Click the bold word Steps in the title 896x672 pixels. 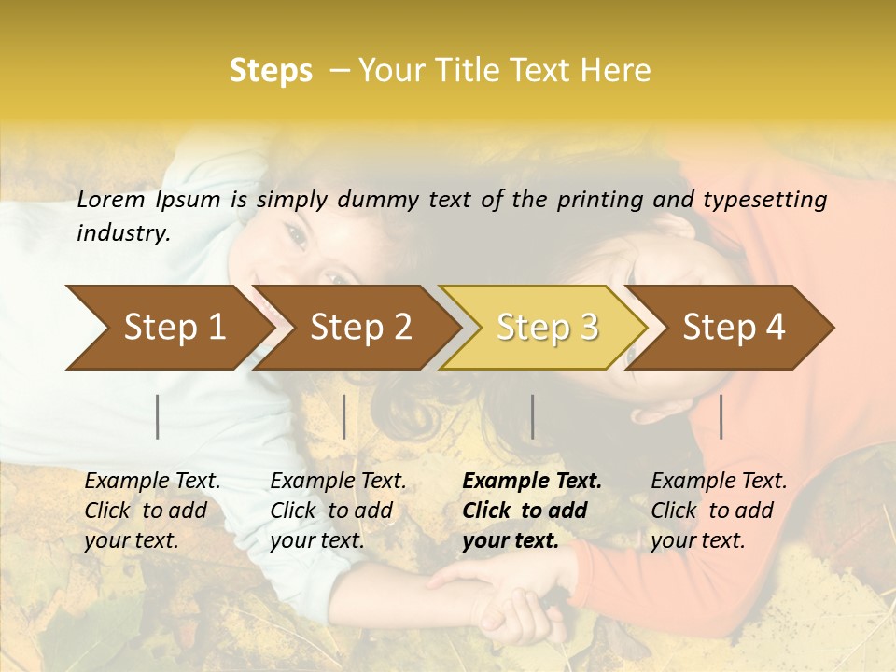tap(271, 71)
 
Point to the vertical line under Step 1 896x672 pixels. tap(158, 416)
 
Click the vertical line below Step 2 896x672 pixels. tap(344, 416)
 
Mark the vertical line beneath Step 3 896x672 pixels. tap(532, 416)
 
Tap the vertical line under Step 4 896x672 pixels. tap(721, 416)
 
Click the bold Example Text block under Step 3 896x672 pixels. tap(532, 511)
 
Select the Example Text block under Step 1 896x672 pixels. tap(152, 511)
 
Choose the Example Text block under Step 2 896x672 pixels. tap(338, 511)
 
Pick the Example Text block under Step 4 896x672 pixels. tap(719, 511)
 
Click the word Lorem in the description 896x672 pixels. tap(110, 200)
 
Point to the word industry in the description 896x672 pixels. tap(122, 233)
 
